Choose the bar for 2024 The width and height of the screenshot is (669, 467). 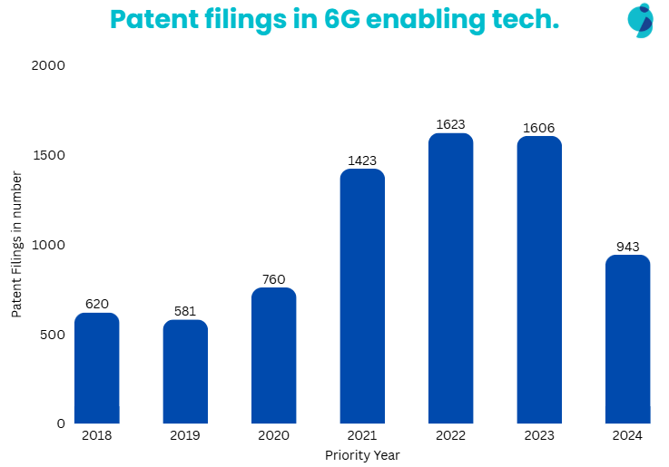(628, 339)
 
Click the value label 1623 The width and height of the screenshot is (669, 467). (451, 124)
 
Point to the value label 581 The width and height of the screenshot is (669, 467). (185, 311)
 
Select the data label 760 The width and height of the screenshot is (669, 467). (274, 279)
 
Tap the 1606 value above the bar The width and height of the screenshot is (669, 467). (539, 128)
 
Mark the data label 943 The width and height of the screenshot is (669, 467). (628, 247)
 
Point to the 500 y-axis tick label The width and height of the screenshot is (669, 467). (54, 335)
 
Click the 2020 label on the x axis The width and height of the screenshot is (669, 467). (274, 436)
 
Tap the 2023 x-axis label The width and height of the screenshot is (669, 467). (539, 436)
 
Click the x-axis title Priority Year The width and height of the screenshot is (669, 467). (362, 455)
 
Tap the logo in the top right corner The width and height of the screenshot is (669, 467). (642, 20)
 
